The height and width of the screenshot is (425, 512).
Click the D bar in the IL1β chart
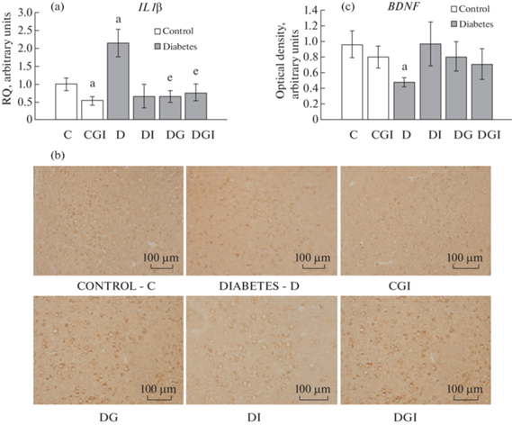[118, 81]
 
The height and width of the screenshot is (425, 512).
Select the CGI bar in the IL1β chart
[93, 110]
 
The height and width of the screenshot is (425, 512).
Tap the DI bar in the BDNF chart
[430, 82]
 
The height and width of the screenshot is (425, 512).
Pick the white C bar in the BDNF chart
[352, 82]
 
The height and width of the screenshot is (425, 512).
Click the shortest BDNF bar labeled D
[404, 101]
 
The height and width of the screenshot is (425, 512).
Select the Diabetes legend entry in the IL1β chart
[176, 47]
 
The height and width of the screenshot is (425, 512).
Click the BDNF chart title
[404, 7]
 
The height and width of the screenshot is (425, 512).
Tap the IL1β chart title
[150, 8]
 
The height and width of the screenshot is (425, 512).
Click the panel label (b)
[58, 156]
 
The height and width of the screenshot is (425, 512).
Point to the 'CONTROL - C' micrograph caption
[116, 286]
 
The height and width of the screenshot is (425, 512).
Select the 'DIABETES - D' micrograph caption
[259, 286]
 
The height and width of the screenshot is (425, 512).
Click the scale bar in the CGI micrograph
[464, 267]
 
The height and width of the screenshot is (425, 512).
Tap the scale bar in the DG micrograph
[159, 398]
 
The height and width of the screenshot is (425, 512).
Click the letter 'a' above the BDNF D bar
[404, 68]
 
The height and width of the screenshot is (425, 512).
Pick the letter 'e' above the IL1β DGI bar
[195, 71]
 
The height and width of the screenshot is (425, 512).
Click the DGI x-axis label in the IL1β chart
[202, 134]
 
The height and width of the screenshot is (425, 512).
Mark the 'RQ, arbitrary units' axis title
[7, 59]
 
